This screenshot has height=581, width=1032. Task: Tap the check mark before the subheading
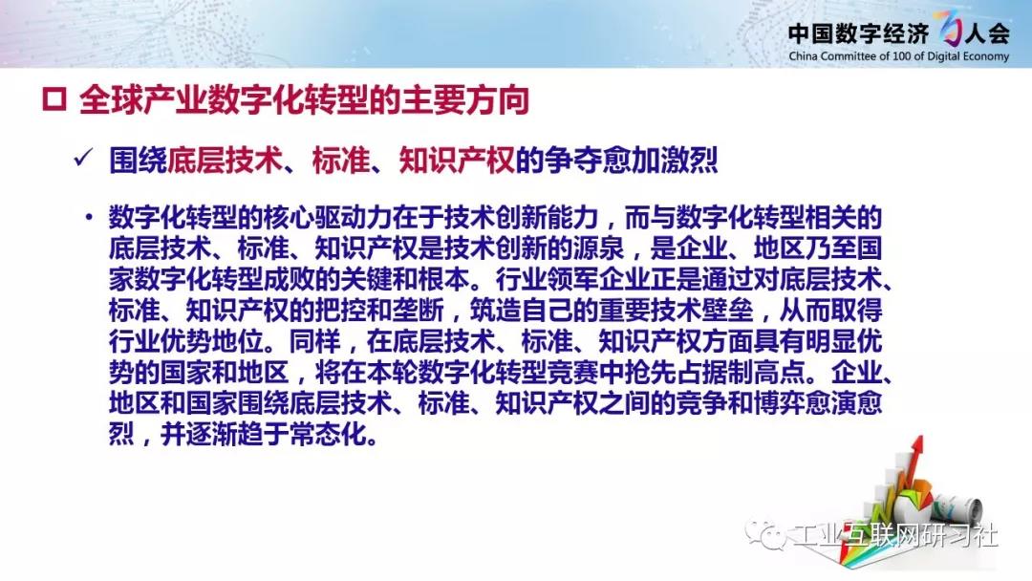coord(83,159)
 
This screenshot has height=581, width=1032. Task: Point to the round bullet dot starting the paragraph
coord(88,217)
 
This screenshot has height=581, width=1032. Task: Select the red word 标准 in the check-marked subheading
coord(340,160)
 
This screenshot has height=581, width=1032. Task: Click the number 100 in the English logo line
coord(902,56)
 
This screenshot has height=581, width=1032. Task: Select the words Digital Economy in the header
coord(968,56)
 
